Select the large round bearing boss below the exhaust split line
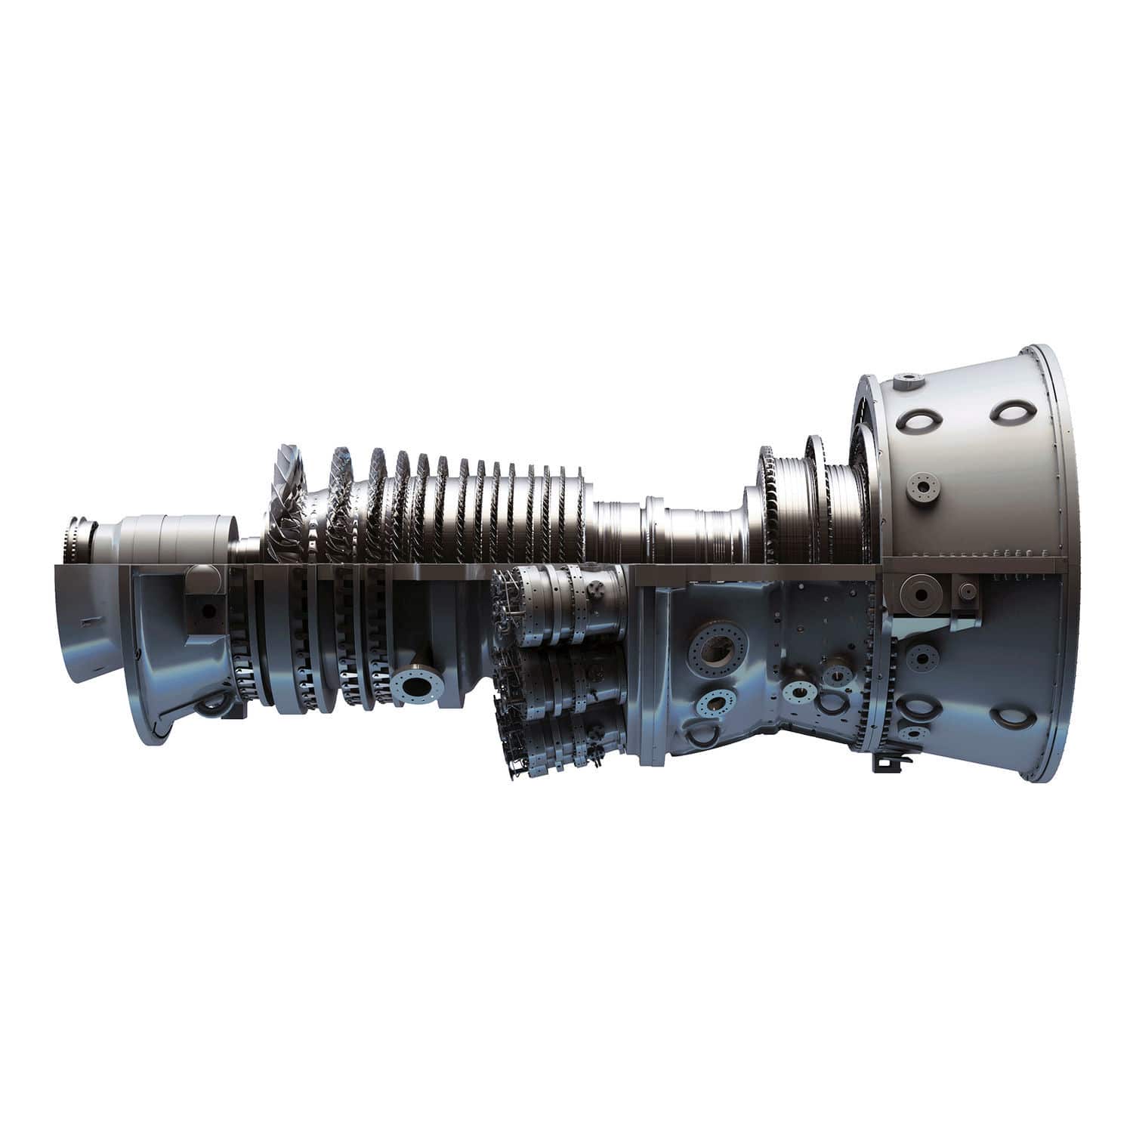922,594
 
